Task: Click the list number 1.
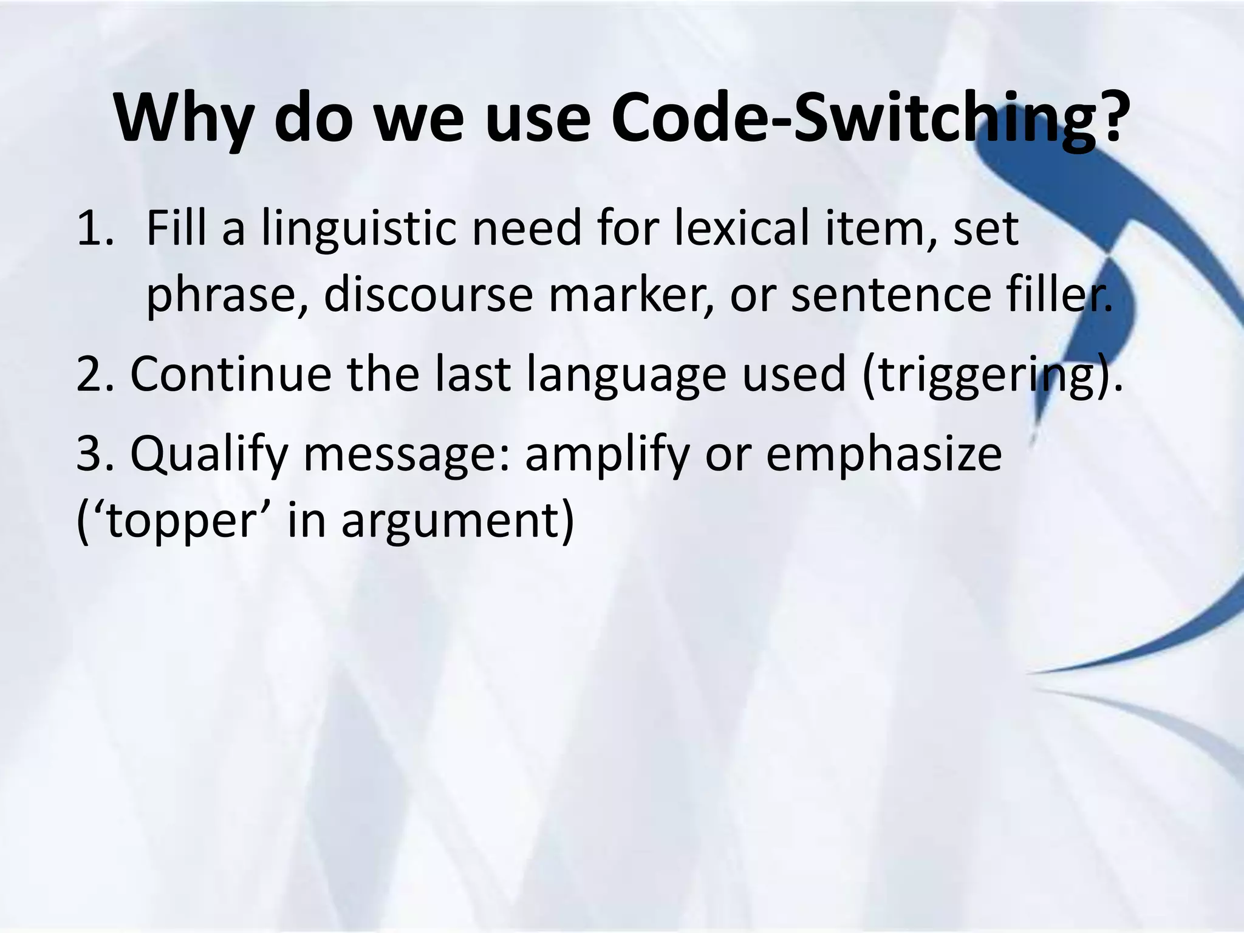tap(95, 229)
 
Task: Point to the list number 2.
tap(95, 374)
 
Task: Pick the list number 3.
tap(95, 454)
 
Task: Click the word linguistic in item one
tap(359, 229)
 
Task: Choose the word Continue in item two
tap(231, 374)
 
